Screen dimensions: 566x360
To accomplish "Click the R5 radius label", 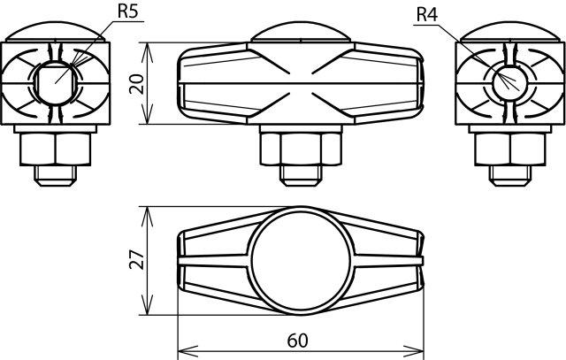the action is (127, 11).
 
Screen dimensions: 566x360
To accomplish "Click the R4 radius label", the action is (427, 15).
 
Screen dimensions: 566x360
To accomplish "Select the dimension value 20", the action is (137, 84).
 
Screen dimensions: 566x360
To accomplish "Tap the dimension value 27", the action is (137, 260).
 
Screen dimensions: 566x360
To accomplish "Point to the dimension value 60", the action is (298, 341).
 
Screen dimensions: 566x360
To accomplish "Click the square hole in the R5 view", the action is (56, 83).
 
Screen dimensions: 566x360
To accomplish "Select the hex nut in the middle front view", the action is (301, 149).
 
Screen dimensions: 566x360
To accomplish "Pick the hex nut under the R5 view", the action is (56, 149).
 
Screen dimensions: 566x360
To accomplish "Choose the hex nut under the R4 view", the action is (510, 149).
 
